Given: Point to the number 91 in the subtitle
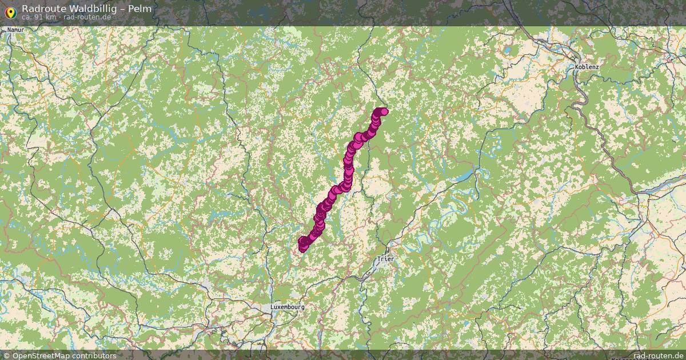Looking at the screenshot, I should click(x=40, y=17).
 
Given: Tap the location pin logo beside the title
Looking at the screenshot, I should click(x=10, y=12).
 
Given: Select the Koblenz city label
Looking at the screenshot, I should click(x=587, y=67).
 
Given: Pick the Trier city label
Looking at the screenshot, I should click(x=385, y=259).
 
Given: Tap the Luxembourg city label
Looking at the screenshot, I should click(x=288, y=307).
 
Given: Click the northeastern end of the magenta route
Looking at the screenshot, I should click(x=384, y=111).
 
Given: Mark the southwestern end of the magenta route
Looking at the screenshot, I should click(x=302, y=247).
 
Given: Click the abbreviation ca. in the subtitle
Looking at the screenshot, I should click(x=27, y=17).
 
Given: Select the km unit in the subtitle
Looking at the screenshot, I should click(x=51, y=17).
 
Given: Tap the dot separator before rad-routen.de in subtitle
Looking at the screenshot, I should click(x=60, y=17).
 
